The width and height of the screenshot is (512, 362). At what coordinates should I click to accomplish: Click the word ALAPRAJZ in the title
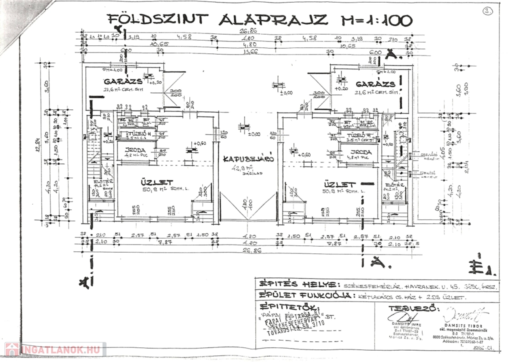[273, 19]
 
